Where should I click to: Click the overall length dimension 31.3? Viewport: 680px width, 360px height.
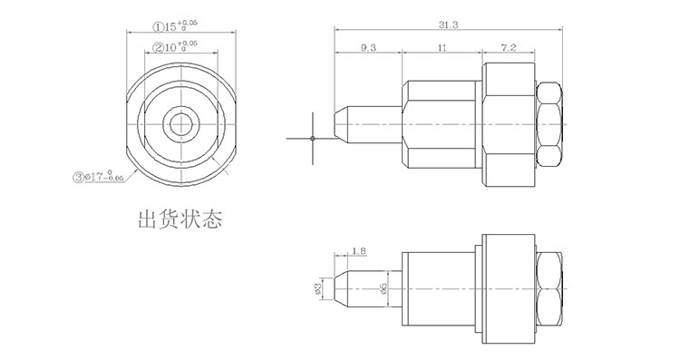[447, 24]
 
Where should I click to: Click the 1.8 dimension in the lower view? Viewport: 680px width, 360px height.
[358, 249]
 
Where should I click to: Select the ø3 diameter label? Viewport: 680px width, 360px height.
[318, 287]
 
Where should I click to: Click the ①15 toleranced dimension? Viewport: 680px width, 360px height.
[172, 27]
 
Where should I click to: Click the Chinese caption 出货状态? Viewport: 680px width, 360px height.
[179, 220]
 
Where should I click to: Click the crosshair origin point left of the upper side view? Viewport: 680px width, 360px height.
[312, 138]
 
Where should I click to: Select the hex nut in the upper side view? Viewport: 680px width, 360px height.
[550, 121]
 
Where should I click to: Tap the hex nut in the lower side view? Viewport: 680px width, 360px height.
[550, 287]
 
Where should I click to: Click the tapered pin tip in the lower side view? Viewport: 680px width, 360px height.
[341, 287]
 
